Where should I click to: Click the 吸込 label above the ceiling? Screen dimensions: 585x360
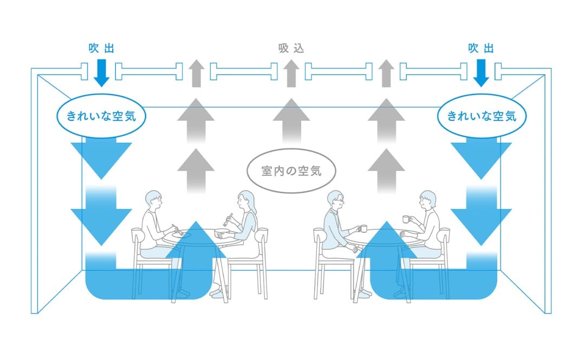pos(291,48)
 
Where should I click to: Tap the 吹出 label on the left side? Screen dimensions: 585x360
pos(101,48)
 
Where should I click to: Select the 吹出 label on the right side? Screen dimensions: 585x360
pos(481,48)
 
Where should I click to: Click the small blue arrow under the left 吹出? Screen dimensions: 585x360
pos(101,73)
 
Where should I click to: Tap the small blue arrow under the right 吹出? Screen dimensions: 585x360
pos(481,73)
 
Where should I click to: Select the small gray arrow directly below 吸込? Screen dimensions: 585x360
pos(291,73)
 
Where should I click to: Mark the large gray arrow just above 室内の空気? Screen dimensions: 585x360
pos(291,120)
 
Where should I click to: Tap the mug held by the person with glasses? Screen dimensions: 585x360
pos(363,228)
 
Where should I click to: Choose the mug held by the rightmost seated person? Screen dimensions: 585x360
pos(406,219)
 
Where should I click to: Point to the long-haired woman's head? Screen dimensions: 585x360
pos(245,201)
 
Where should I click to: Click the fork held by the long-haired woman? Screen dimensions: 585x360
pos(228,219)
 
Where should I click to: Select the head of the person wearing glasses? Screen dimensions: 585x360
pos(335,200)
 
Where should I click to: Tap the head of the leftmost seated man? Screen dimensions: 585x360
pos(153,201)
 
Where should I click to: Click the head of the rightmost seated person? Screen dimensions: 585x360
pos(427,200)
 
